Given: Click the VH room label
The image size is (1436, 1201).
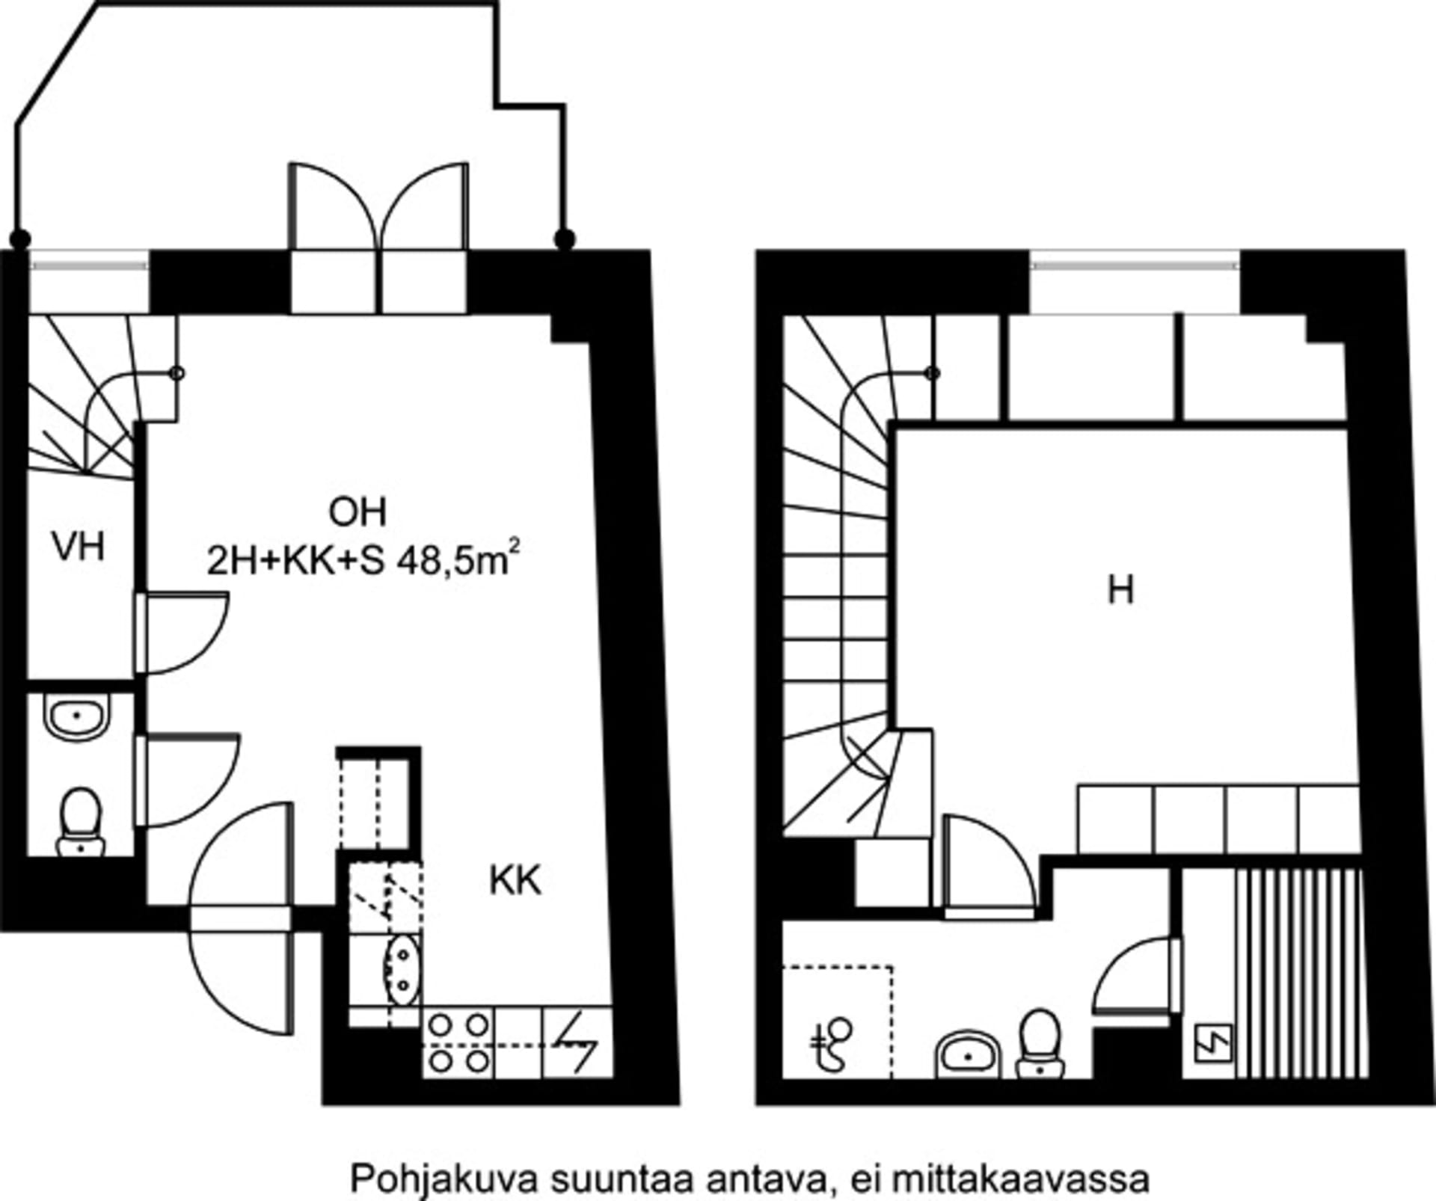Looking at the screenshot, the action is coord(79,547).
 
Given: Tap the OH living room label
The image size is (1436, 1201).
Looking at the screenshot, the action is coord(358,513).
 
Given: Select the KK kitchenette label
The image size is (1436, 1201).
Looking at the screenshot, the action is coord(515,880).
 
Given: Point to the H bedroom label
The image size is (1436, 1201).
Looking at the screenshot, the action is coord(1120,591).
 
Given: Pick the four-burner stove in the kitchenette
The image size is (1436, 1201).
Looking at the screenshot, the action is coord(458,1042).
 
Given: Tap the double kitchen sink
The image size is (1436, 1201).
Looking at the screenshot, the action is coord(402,969).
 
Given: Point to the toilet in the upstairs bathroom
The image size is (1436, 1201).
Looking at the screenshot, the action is coord(1040,1042).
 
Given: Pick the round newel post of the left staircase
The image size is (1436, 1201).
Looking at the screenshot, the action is coord(178,373).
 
